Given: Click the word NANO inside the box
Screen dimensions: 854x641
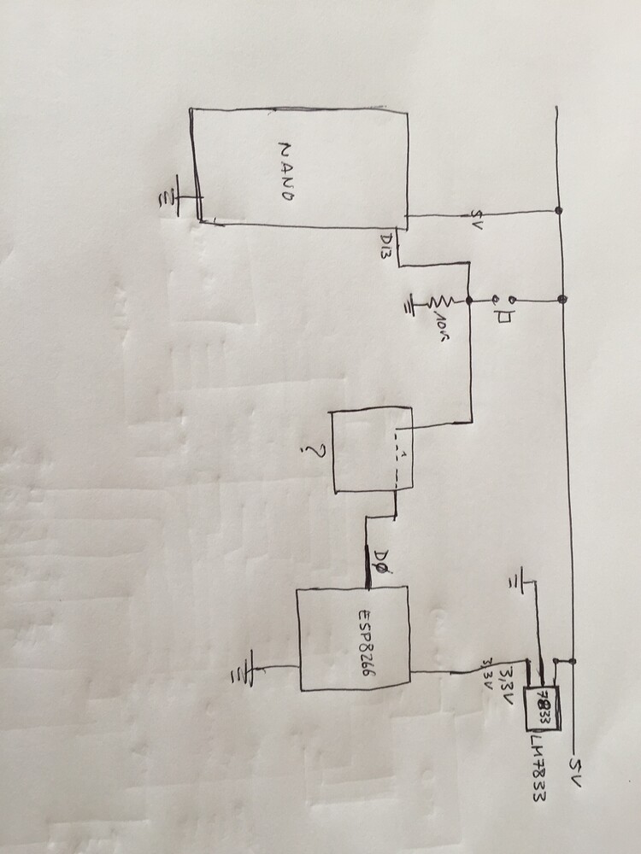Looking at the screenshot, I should coord(286,170).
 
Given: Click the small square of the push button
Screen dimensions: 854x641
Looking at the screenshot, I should coord(505,317).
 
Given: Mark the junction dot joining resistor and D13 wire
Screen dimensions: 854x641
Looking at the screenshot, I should coord(469,301).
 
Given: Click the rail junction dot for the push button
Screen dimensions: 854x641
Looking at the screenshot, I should coord(562,299).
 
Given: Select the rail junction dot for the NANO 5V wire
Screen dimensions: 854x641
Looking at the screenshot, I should coord(558,210).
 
